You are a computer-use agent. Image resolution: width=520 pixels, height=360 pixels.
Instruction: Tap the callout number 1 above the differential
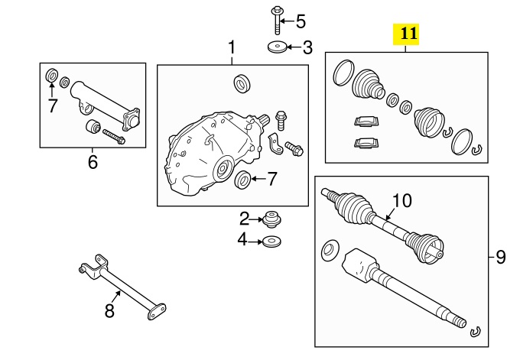point(232,48)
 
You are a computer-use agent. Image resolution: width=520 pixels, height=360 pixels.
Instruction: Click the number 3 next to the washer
point(307,48)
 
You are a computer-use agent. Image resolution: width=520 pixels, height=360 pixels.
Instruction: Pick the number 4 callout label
point(242,240)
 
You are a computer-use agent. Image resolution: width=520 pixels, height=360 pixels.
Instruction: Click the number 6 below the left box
point(93,161)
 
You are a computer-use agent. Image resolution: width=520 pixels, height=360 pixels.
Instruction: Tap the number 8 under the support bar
point(109,310)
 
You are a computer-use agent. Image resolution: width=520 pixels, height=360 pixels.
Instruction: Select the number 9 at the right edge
point(501,257)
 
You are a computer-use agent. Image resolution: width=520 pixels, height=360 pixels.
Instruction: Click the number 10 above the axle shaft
point(401,201)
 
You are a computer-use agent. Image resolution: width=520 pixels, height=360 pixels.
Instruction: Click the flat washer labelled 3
point(276,48)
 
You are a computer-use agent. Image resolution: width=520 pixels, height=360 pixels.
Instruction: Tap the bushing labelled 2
point(269,219)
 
